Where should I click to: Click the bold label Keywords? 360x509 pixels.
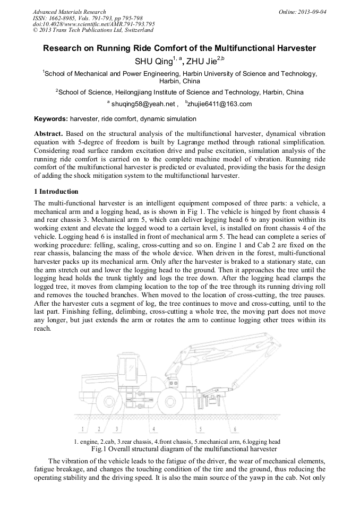coord(51,119)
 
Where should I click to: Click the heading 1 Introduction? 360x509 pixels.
coord(56,192)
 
